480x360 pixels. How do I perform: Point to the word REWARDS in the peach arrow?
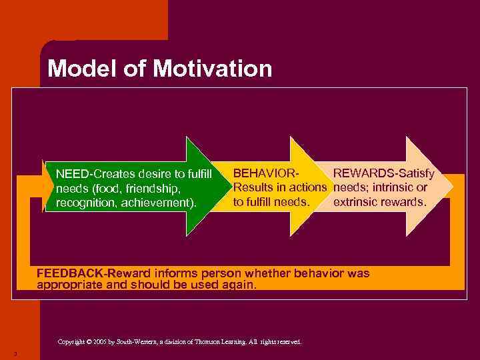pos(359,173)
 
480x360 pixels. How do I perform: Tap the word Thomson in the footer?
pos(209,342)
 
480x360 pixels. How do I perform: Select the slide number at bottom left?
pos(14,353)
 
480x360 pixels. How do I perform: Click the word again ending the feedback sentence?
pos(239,284)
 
